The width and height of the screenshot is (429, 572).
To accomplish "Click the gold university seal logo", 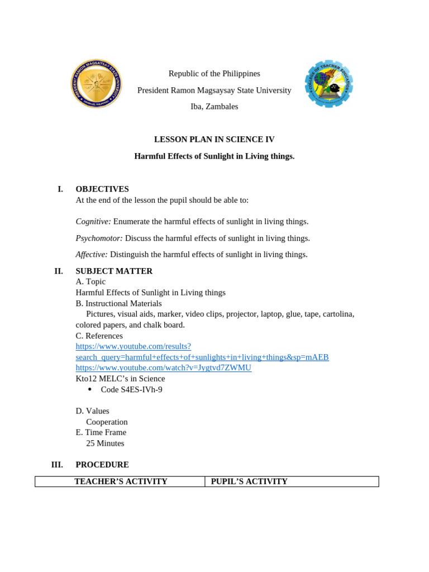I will tap(96, 84).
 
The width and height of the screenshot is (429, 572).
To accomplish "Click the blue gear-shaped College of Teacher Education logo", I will tap(329, 84).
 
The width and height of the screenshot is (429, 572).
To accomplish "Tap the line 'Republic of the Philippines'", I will tap(214, 74).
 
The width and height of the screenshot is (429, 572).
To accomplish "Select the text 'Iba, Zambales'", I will tap(214, 107).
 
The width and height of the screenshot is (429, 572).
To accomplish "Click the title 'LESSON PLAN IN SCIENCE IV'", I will tap(214, 140).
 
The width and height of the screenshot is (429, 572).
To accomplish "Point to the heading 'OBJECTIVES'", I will tap(102, 189).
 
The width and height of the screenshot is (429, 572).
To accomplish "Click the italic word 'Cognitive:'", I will tap(93, 222).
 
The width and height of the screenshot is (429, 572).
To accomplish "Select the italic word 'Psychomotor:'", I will tap(99, 238).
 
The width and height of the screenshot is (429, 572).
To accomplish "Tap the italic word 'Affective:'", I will tap(92, 255).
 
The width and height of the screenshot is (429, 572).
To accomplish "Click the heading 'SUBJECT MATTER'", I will tap(114, 271).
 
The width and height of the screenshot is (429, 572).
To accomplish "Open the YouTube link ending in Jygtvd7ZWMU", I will tap(163, 368).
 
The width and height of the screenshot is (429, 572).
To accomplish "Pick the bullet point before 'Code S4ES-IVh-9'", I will tap(90, 389).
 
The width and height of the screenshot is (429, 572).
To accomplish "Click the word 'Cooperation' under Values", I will tap(107, 422).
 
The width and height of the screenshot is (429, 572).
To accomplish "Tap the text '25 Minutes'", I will tap(105, 444).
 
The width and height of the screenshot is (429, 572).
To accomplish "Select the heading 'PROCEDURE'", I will tap(102, 465).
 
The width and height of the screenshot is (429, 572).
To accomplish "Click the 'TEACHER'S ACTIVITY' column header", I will tap(121, 482).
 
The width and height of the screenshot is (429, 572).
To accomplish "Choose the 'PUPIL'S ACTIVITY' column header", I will tap(249, 482).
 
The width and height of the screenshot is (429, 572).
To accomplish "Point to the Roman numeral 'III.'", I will tap(57, 465).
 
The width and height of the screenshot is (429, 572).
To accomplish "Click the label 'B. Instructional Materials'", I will tap(118, 303).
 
